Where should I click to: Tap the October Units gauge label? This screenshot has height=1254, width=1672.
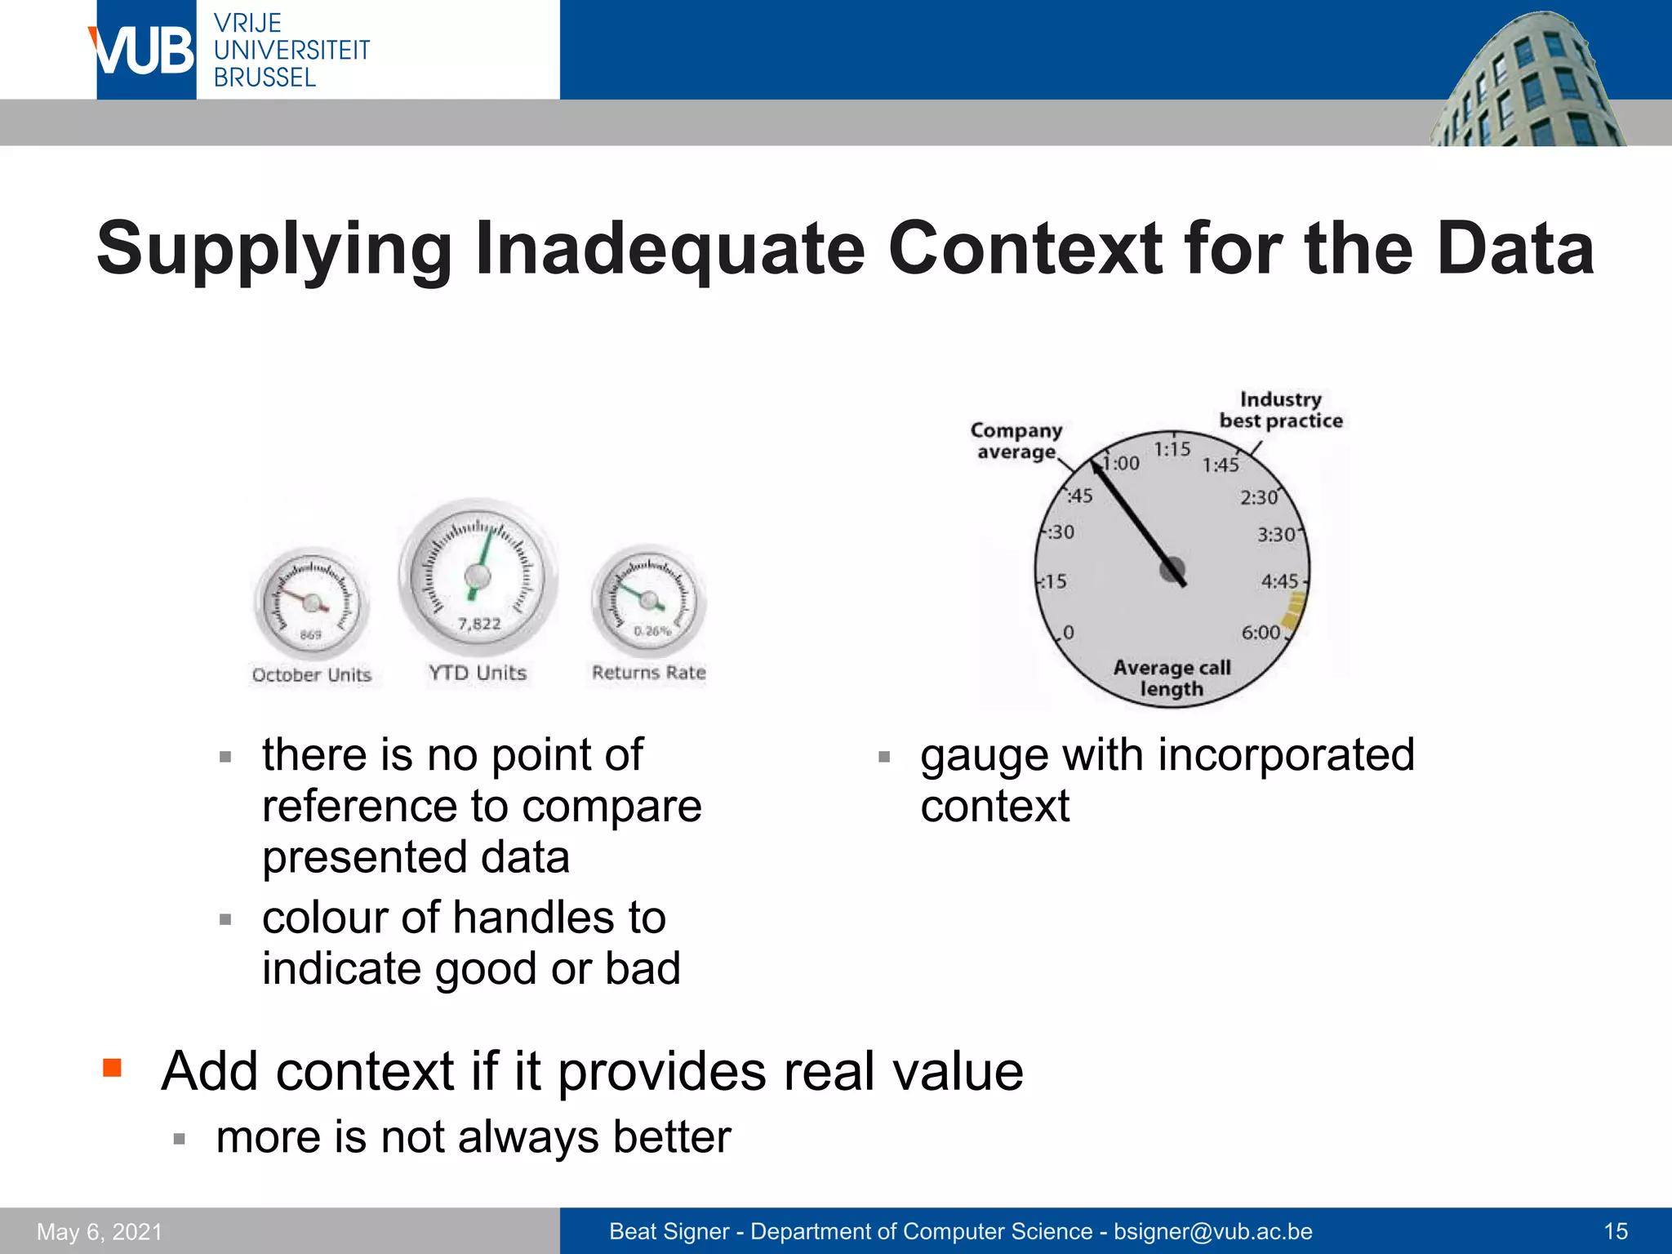coord(311,675)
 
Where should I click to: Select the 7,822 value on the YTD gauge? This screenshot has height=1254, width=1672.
coord(479,625)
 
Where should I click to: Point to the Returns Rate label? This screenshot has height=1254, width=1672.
coord(648,673)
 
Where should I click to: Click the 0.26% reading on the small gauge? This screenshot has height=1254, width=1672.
coord(651,631)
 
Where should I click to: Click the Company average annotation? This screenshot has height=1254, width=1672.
coord(1016,441)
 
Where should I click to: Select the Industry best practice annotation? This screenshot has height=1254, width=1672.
coord(1280,410)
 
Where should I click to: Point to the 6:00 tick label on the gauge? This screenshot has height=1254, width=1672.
coord(1260,633)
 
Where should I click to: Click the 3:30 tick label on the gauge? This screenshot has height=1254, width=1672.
coord(1275,535)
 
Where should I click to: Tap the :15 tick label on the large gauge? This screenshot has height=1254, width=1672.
coord(1054,582)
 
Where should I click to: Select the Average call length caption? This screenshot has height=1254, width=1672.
coord(1172,678)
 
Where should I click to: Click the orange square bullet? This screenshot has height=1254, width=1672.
coord(113,1068)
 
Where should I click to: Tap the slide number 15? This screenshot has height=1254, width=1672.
coord(1615,1231)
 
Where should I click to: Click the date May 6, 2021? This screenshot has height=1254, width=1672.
coord(100,1232)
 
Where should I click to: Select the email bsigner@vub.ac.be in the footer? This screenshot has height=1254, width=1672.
coord(1212,1231)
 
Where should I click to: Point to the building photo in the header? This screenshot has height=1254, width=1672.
coord(1527,82)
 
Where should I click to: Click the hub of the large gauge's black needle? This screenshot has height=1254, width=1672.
coord(1173,569)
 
